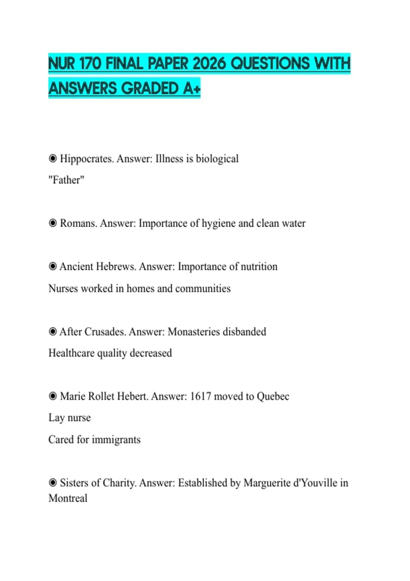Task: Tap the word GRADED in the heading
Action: [150, 89]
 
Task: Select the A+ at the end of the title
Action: [192, 89]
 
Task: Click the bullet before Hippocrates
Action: [53, 159]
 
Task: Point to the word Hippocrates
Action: [86, 159]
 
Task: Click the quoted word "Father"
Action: [66, 180]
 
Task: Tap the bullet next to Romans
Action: [53, 223]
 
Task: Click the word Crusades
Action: [105, 332]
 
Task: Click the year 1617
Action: [201, 396]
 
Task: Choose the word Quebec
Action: [273, 396]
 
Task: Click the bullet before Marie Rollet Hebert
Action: [53, 396]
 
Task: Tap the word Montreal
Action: [68, 498]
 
